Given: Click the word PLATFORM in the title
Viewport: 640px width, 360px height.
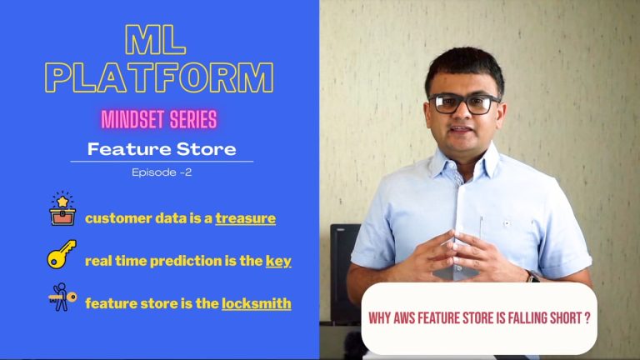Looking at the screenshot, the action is pyautogui.click(x=159, y=77).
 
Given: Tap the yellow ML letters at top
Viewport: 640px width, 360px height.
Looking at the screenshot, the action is pyautogui.click(x=156, y=40).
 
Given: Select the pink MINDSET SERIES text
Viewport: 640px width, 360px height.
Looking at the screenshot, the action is pyautogui.click(x=159, y=120).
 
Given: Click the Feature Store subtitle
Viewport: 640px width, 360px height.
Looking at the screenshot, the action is pyautogui.click(x=162, y=149).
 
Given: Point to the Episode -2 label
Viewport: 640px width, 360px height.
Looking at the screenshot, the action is pyautogui.click(x=162, y=172).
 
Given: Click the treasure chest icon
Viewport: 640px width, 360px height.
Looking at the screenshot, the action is pyautogui.click(x=62, y=209).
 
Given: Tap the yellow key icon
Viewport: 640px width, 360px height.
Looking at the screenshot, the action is pyautogui.click(x=62, y=254).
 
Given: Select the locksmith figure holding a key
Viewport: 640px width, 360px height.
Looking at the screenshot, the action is pyautogui.click(x=62, y=297).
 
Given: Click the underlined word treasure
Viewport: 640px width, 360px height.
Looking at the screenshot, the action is pyautogui.click(x=245, y=218).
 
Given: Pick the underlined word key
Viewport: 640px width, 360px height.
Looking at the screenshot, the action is pyautogui.click(x=278, y=261).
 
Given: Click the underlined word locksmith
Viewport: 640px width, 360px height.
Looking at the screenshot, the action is pyautogui.click(x=257, y=303).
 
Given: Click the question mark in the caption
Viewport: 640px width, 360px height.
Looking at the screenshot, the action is pyautogui.click(x=587, y=318).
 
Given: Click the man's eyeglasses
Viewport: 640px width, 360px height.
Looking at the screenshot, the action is pyautogui.click(x=463, y=103).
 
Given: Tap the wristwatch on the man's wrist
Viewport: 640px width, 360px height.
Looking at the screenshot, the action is pyautogui.click(x=532, y=277).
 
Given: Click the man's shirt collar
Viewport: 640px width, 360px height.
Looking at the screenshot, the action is pyautogui.click(x=462, y=162).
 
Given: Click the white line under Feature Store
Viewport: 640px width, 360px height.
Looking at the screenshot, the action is pyautogui.click(x=162, y=162).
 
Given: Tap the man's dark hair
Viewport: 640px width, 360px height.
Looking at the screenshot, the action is pyautogui.click(x=464, y=67).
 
